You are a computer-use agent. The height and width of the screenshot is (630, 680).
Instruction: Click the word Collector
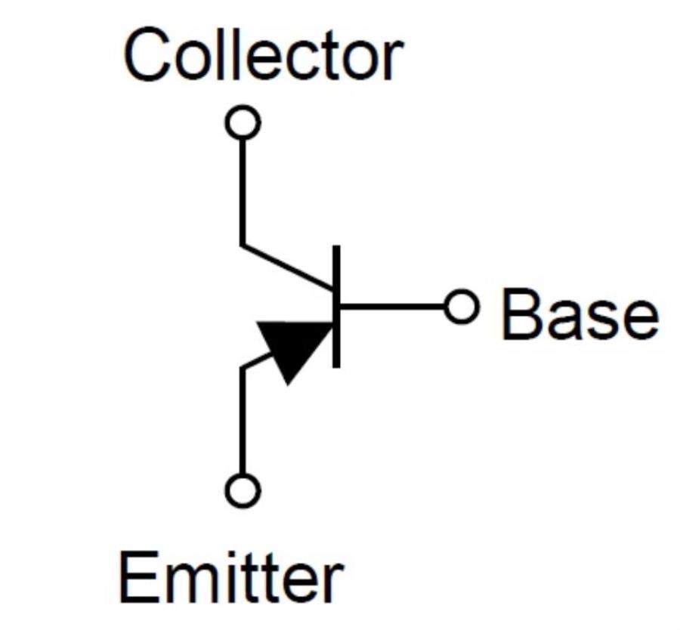click(261, 57)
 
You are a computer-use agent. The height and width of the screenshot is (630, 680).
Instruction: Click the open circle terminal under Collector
click(243, 122)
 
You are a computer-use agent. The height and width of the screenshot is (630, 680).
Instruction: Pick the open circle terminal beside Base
click(462, 307)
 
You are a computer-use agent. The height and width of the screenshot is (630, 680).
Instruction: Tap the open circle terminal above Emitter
click(243, 490)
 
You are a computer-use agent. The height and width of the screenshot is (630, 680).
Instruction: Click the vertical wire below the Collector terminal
click(242, 189)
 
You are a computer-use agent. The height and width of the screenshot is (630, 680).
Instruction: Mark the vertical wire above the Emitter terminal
click(242, 423)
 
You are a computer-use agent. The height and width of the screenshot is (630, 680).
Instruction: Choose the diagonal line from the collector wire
click(287, 267)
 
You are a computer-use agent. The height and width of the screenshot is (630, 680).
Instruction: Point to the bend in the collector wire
click(242, 245)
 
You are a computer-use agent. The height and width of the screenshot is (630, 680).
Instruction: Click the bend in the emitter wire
click(243, 369)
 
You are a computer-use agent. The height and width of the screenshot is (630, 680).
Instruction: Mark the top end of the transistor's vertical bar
click(336, 248)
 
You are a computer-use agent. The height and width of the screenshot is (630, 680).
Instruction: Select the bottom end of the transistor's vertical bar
click(336, 366)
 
